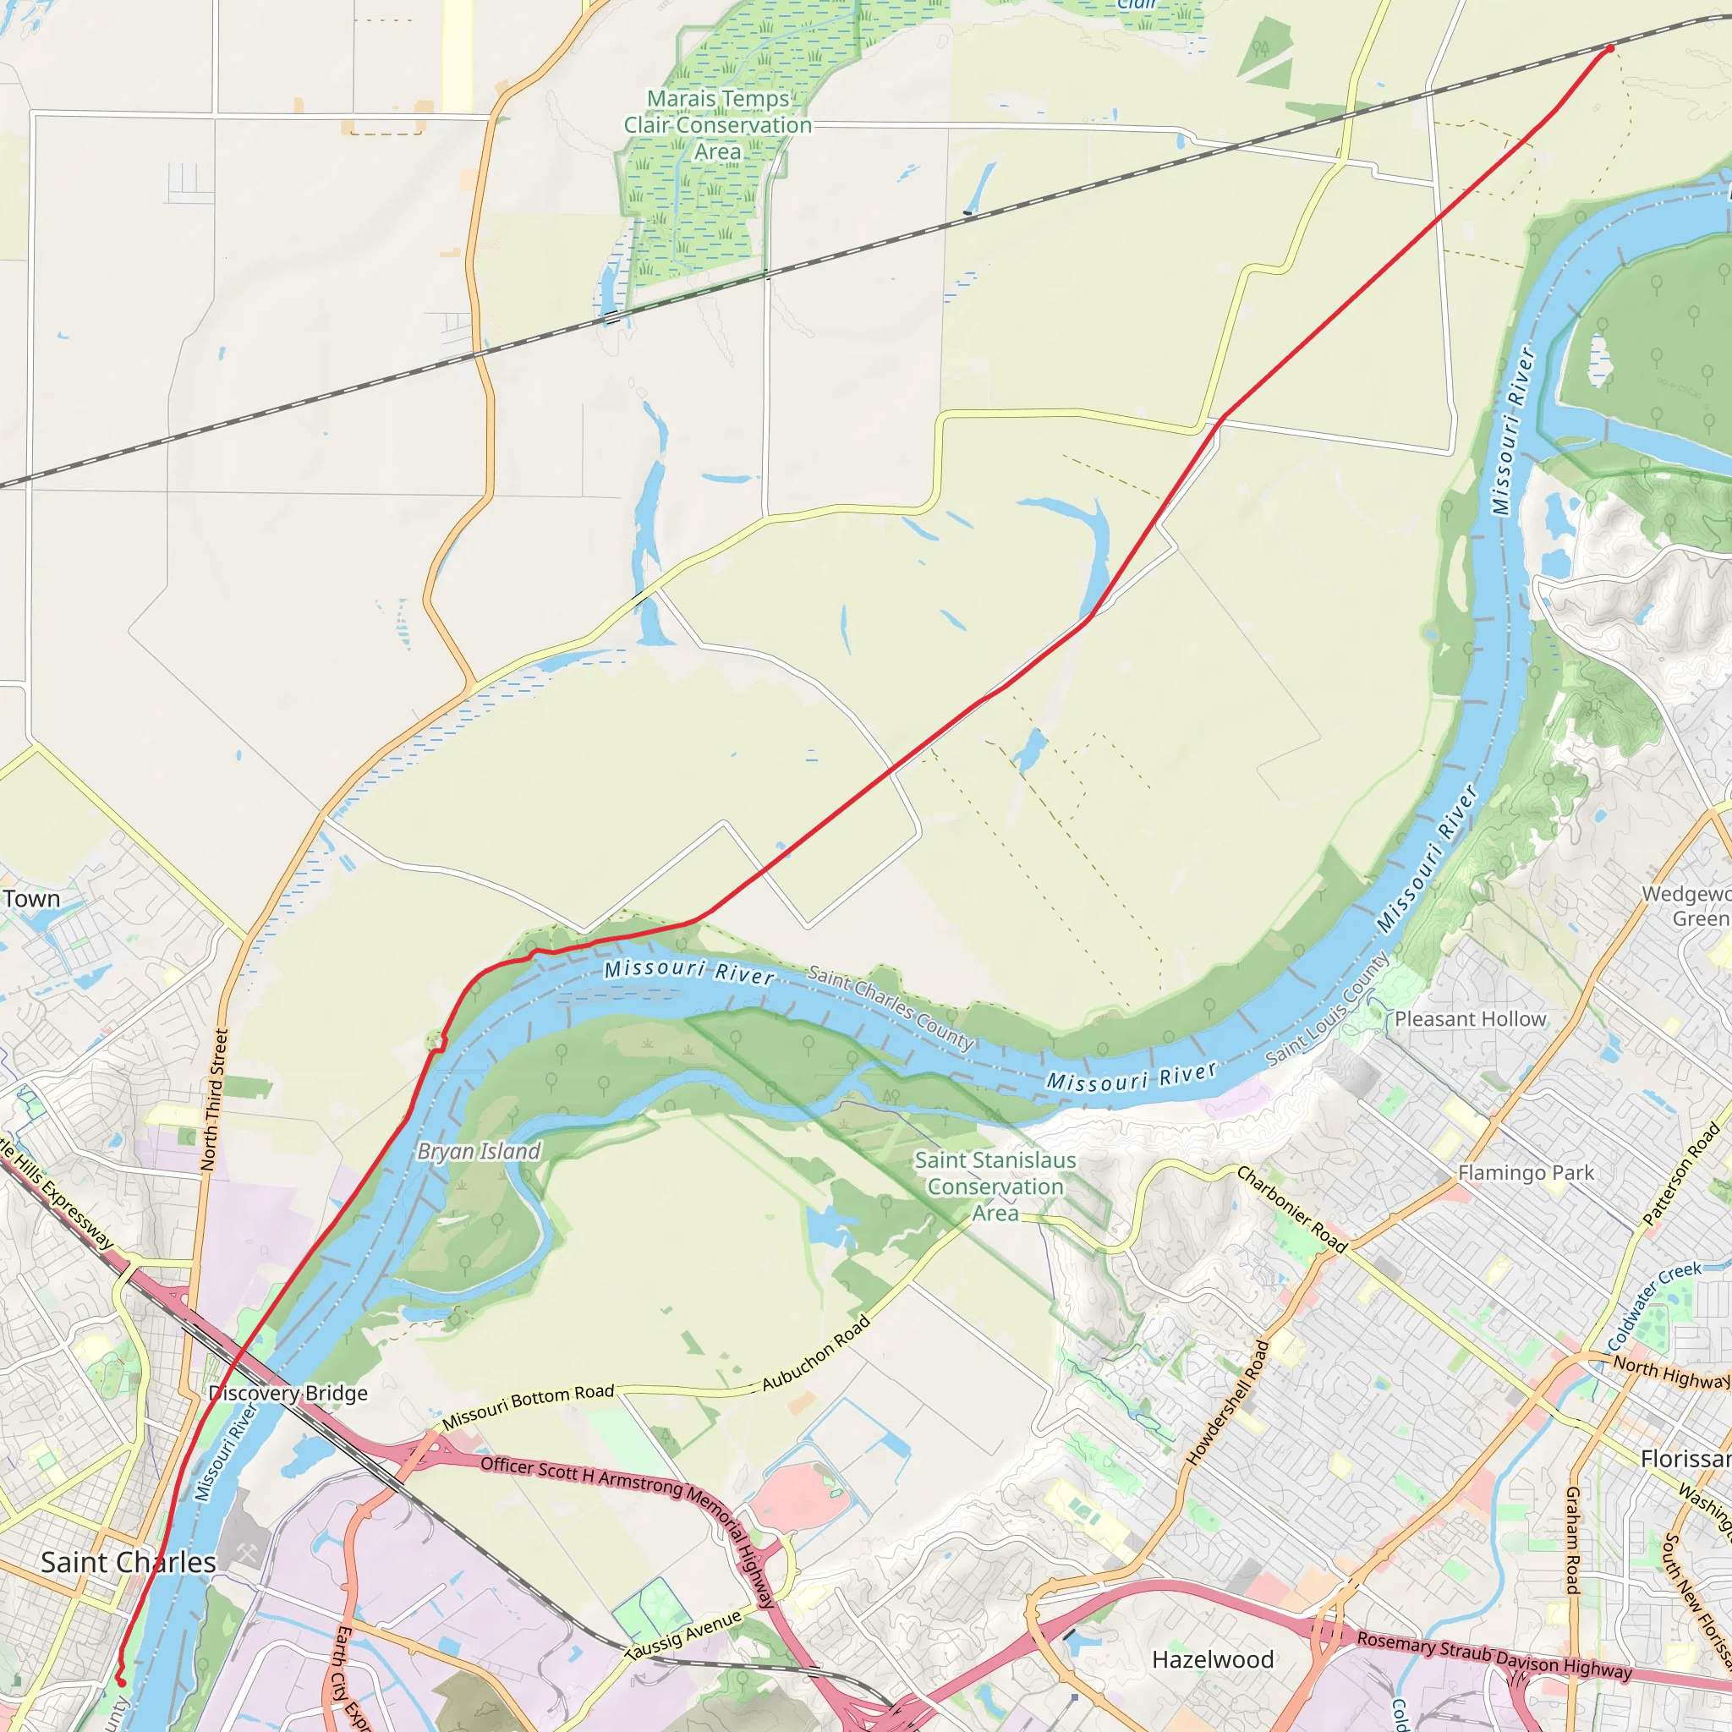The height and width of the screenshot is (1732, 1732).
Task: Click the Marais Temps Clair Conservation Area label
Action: coord(717,125)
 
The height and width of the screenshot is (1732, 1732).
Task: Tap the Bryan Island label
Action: coord(479,1151)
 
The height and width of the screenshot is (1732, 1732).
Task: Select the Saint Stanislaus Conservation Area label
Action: coord(995,1186)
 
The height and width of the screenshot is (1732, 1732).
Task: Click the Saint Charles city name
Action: coord(129,1563)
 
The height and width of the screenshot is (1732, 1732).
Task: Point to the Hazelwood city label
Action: coord(1212,1659)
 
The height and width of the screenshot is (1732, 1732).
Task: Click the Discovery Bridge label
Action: coord(288,1393)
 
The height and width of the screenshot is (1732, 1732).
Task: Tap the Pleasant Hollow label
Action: coord(1470,1019)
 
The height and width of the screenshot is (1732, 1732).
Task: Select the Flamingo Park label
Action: coord(1526,1173)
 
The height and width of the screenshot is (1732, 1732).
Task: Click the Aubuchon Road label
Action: coord(816,1353)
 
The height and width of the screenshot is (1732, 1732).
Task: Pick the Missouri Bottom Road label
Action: coord(528,1406)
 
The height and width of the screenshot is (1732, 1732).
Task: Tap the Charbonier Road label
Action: coord(1292,1209)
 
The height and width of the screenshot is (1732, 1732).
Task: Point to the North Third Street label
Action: coord(214,1100)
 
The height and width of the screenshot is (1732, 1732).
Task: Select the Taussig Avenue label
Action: coord(683,1634)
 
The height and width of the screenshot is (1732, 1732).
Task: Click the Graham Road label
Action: coord(1571,1539)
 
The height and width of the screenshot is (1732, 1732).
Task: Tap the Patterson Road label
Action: coord(1681,1176)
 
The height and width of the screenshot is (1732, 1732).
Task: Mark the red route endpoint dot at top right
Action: coord(1610,48)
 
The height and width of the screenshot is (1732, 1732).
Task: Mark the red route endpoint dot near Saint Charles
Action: coord(121,1683)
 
